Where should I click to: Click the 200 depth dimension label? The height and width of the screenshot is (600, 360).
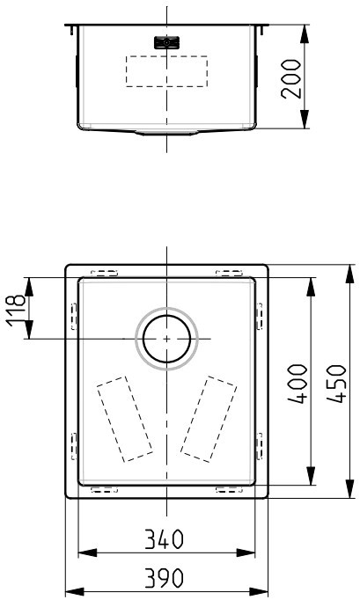[x=291, y=79]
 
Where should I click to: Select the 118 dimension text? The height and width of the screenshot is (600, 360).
[x=16, y=311]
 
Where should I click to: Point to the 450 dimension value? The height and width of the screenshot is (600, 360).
[x=336, y=384]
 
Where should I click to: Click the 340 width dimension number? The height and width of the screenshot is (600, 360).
[x=165, y=539]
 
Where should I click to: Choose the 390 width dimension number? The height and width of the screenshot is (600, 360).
[x=165, y=578]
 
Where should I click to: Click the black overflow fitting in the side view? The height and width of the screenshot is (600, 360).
[x=166, y=42]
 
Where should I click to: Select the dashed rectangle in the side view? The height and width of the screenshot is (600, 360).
[x=166, y=71]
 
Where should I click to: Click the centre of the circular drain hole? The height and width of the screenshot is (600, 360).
[x=166, y=339]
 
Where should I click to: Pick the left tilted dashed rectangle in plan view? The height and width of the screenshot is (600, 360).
[x=124, y=419]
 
